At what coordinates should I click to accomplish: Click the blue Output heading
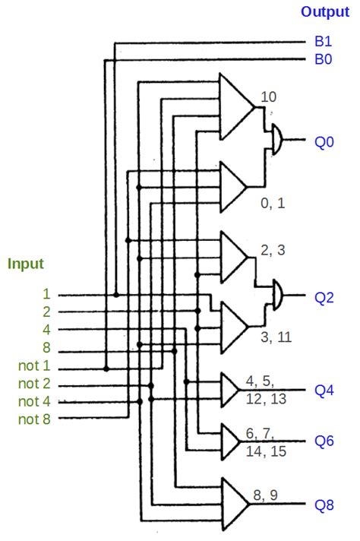pyautogui.click(x=325, y=11)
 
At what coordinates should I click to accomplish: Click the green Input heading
pyautogui.click(x=26, y=264)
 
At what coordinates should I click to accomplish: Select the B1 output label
pyautogui.click(x=323, y=43)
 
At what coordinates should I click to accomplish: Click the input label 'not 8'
pyautogui.click(x=35, y=419)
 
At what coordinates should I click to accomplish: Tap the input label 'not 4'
pyautogui.click(x=35, y=401)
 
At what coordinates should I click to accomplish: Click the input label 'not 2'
pyautogui.click(x=35, y=384)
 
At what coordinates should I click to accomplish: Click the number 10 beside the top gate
pyautogui.click(x=268, y=97)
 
